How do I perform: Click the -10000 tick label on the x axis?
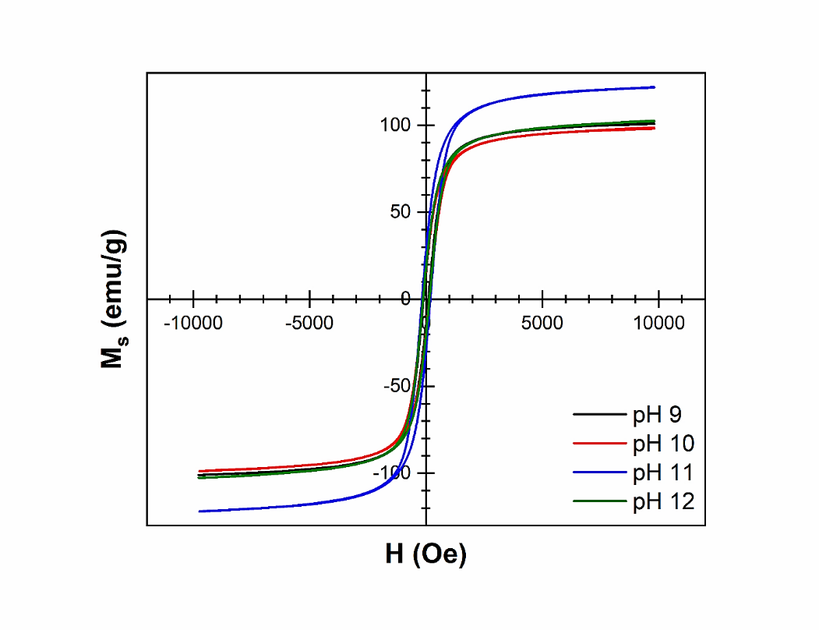coord(193,321)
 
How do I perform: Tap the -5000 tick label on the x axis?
coord(309,321)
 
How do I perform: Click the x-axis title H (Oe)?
coord(425,554)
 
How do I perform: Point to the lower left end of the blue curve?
coord(199,511)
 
